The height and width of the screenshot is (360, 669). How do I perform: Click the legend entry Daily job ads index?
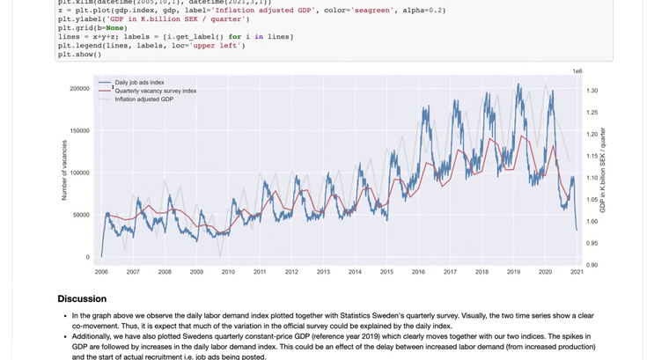[139, 82]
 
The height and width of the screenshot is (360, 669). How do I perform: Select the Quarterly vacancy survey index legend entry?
[155, 91]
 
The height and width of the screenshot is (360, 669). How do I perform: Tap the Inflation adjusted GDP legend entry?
[143, 99]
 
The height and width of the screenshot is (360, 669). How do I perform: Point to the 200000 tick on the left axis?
[79, 89]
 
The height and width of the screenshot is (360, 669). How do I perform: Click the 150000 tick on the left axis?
[79, 131]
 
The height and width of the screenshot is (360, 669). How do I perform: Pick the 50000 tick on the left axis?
[81, 215]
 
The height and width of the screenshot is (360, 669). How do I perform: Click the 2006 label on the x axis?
[101, 272]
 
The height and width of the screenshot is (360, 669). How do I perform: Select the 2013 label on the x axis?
[323, 272]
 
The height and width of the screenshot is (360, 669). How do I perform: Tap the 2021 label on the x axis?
[577, 272]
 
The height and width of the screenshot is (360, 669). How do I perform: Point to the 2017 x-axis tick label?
[450, 272]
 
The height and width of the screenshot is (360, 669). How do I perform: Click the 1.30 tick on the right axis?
[592, 91]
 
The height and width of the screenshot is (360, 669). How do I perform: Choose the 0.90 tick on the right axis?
[592, 264]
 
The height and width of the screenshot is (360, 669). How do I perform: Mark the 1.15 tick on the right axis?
[592, 156]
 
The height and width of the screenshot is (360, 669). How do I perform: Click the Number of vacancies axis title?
[64, 170]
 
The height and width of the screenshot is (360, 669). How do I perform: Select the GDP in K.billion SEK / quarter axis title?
[603, 170]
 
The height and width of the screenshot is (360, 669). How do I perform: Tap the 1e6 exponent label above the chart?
[577, 70]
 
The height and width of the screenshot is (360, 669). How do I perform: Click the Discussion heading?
[82, 299]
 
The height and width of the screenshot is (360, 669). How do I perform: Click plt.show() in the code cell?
[80, 55]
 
